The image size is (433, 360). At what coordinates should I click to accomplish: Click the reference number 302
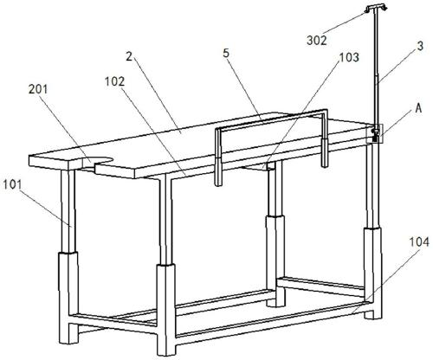[x=317, y=41]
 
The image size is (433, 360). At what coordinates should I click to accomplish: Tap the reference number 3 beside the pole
[x=420, y=47]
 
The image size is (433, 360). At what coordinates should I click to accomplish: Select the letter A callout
[x=418, y=109]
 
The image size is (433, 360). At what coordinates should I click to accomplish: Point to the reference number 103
[x=349, y=57]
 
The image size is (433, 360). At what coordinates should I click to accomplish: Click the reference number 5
[x=227, y=54]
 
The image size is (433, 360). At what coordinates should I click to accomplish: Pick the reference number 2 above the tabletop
[x=129, y=56]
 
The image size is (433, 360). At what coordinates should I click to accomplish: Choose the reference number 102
[x=114, y=81]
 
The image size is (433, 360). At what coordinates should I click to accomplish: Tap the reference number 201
[x=38, y=89]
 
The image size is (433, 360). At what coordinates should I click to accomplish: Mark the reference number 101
[x=12, y=184]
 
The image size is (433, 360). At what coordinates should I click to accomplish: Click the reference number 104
[x=419, y=242]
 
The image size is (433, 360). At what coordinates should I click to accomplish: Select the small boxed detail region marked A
[x=375, y=133]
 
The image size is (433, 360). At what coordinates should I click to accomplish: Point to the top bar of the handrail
[x=271, y=119]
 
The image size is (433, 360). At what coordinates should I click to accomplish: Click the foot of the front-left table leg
[x=68, y=334]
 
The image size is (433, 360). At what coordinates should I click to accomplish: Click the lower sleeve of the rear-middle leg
[x=275, y=260]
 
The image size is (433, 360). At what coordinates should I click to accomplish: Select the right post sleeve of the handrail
[x=325, y=153]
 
